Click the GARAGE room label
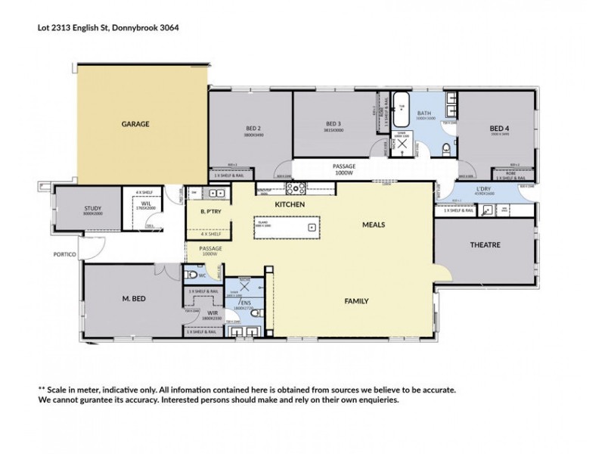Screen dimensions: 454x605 (x=135, y=123)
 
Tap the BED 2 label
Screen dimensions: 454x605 (x=253, y=128)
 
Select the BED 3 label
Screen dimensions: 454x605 (x=334, y=123)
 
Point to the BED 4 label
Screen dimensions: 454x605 (x=498, y=128)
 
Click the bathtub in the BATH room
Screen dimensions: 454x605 (x=401, y=109)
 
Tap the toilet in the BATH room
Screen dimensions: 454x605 (x=447, y=147)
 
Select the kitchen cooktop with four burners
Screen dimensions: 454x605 (x=294, y=189)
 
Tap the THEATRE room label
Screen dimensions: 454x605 (x=486, y=244)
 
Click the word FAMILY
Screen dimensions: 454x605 (x=356, y=300)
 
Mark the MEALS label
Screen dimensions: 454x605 (x=374, y=225)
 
